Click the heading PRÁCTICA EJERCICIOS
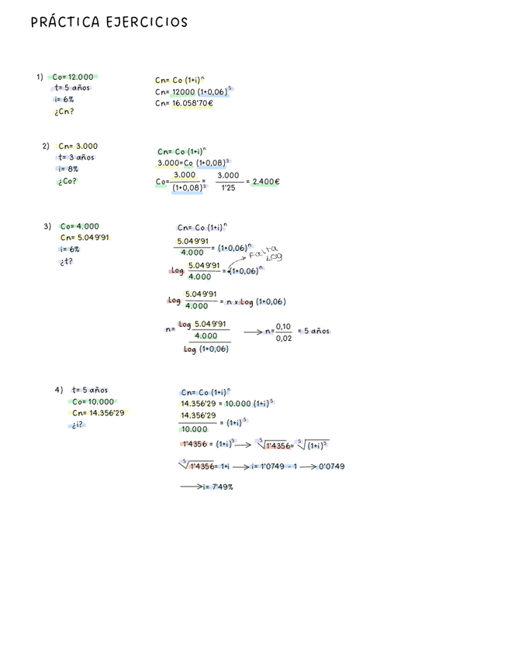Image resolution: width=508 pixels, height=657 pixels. (109, 22)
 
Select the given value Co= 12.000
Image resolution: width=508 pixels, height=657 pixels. (73, 77)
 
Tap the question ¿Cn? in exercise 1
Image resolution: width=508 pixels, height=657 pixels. (64, 112)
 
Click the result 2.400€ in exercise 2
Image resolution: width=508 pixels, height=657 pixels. (266, 182)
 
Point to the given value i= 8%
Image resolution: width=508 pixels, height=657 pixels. (67, 169)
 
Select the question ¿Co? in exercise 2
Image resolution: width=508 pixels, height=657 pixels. (67, 181)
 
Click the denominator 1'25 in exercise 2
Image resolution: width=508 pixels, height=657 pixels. (228, 187)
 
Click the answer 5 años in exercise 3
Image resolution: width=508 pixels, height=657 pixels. (316, 331)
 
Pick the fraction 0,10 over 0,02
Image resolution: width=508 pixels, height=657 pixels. (283, 332)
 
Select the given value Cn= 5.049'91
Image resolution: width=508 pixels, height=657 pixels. (85, 238)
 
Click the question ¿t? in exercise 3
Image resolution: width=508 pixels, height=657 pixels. (66, 262)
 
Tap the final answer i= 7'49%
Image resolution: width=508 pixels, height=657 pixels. (217, 487)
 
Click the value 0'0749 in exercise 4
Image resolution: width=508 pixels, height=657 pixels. (331, 466)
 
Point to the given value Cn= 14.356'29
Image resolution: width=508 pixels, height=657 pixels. (98, 413)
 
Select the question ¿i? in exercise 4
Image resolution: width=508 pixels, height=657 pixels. (77, 425)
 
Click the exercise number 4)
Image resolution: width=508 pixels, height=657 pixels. (59, 390)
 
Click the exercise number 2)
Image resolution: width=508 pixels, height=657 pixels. (46, 146)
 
